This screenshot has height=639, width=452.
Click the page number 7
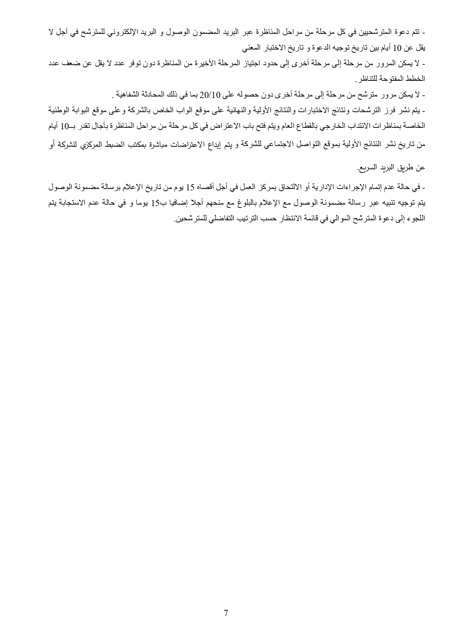(226, 613)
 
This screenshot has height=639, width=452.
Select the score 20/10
(208, 96)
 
